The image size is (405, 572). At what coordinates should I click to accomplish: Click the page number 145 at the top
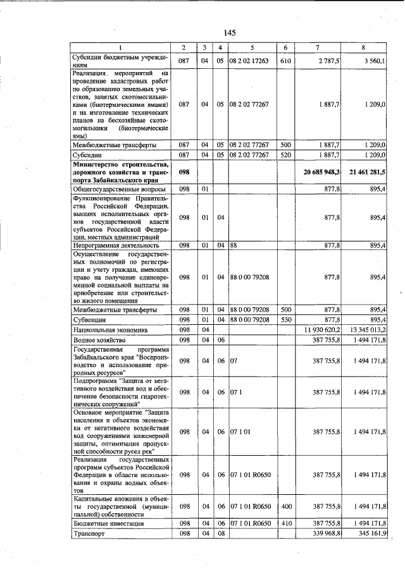click(x=228, y=33)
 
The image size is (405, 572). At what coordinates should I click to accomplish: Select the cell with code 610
click(x=285, y=61)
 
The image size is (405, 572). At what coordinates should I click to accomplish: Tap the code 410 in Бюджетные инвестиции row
click(x=285, y=524)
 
